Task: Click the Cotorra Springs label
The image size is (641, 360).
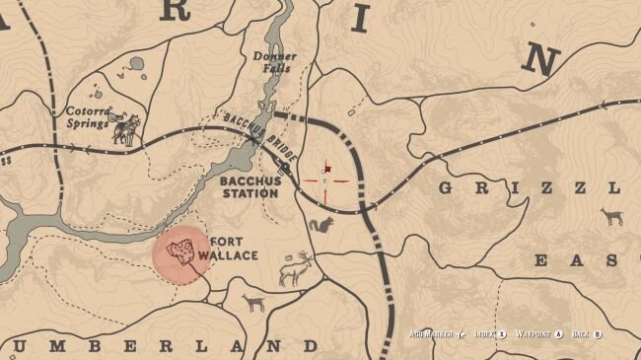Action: [x=88, y=116]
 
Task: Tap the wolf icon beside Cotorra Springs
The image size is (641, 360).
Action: [x=125, y=129]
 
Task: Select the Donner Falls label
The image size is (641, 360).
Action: [x=275, y=62]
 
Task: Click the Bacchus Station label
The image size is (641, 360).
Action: [x=249, y=187]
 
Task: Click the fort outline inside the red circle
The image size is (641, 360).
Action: [x=180, y=252]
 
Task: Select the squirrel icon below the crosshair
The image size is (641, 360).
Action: [x=321, y=225]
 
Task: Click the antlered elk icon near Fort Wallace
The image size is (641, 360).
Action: [x=297, y=268]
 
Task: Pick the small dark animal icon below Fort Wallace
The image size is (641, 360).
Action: [x=254, y=303]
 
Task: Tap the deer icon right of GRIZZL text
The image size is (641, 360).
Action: [x=611, y=216]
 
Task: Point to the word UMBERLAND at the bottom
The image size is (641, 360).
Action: [x=163, y=346]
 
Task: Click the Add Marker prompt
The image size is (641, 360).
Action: [x=438, y=335]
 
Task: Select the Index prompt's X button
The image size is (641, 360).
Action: [x=502, y=335]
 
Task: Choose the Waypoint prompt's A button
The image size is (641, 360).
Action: [x=558, y=335]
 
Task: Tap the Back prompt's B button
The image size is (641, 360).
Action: [x=598, y=335]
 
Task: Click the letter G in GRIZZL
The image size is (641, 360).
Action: [x=448, y=188]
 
